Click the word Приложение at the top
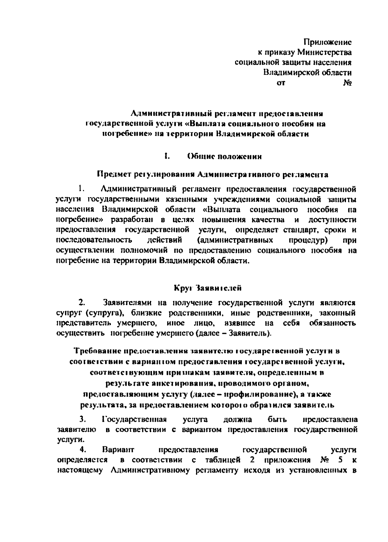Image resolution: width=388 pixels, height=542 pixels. pyautogui.click(x=327, y=42)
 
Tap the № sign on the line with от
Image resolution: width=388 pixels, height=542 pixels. pyautogui.click(x=348, y=83)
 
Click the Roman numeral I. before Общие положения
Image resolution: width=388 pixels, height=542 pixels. pyautogui.click(x=167, y=157)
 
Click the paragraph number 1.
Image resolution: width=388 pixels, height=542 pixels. pyautogui.click(x=81, y=188)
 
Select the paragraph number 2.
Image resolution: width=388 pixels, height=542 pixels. pyautogui.click(x=81, y=303)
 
